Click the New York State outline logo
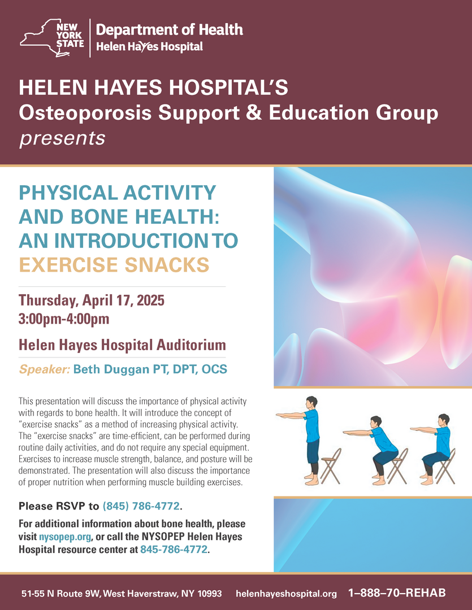[x=52, y=38]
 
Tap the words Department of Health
[x=170, y=29]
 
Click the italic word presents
[x=62, y=138]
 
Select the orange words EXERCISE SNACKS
[x=114, y=264]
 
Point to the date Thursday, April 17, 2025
[x=92, y=300]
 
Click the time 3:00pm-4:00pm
[x=64, y=319]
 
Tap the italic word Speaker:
[x=45, y=369]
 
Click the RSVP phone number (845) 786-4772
[x=141, y=506]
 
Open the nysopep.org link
[x=65, y=537]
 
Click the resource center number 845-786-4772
[x=174, y=550]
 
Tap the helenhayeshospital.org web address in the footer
[x=286, y=594]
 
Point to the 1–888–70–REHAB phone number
[x=397, y=593]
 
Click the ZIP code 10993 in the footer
[x=210, y=594]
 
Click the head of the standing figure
[x=311, y=403]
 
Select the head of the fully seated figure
[x=444, y=420]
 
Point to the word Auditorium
[x=191, y=345]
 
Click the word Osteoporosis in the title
[x=85, y=113]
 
